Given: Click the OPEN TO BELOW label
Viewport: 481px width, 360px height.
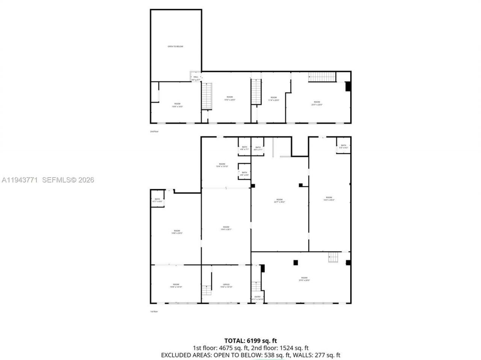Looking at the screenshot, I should click(175, 47).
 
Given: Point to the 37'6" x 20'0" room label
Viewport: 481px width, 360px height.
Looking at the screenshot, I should click(304, 279).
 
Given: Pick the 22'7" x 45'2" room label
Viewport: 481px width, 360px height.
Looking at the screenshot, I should click(279, 201).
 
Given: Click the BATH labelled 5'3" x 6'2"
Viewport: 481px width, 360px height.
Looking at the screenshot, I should click(343, 146).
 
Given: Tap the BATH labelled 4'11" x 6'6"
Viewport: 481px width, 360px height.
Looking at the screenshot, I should click(157, 200).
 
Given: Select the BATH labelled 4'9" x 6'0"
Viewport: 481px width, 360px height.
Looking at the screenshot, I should click(244, 174).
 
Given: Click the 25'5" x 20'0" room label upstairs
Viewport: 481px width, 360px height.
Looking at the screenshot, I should click(317, 103).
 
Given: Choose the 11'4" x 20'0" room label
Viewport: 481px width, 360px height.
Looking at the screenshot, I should click(274, 98).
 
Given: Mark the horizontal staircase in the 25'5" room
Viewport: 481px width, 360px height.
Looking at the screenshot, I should click(322, 77).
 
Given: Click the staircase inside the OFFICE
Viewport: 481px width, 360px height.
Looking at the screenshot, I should click(206, 290).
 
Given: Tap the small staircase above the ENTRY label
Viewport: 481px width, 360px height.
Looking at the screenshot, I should click(256, 286).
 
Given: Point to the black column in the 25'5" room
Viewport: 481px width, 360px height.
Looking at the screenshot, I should click(348, 86).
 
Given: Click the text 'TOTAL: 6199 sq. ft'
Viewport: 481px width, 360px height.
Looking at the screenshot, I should click(251, 341).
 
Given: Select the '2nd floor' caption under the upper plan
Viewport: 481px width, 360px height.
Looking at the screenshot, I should click(154, 132).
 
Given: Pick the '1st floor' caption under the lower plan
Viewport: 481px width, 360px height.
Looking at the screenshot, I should click(154, 312).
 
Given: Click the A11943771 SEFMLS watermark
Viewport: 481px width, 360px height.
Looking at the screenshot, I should click(48, 180).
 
